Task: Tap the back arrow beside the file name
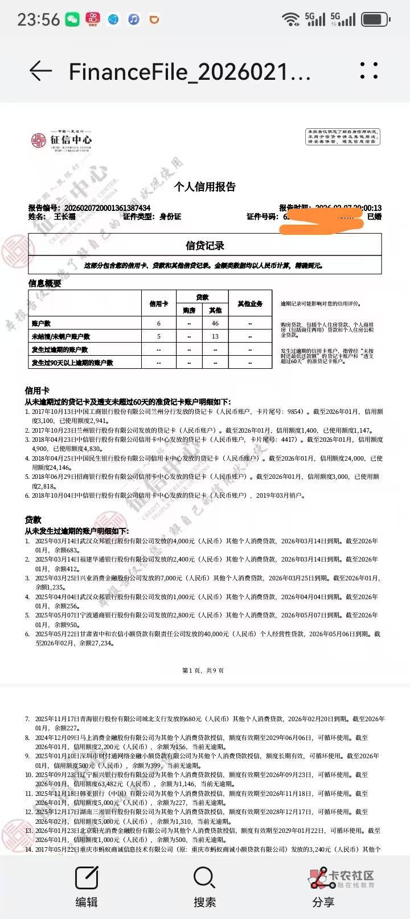(x=40, y=71)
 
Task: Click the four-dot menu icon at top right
(x=369, y=71)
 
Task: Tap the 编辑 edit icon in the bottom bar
(x=87, y=879)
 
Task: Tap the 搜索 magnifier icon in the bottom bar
(x=204, y=879)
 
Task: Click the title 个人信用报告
(x=205, y=187)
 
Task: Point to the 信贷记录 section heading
(x=205, y=246)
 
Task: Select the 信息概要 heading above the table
(x=45, y=283)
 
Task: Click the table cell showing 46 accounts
(x=215, y=323)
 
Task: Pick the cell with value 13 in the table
(x=215, y=336)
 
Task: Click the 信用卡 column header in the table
(x=159, y=304)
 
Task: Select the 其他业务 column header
(x=250, y=304)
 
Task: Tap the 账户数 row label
(x=42, y=323)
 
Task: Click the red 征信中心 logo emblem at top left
(x=39, y=140)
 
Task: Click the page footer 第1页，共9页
(x=203, y=670)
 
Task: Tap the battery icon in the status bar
(x=376, y=19)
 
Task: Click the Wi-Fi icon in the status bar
(x=291, y=19)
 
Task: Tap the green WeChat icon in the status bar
(x=72, y=19)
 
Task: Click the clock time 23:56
(x=38, y=19)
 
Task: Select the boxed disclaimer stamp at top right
(x=343, y=137)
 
